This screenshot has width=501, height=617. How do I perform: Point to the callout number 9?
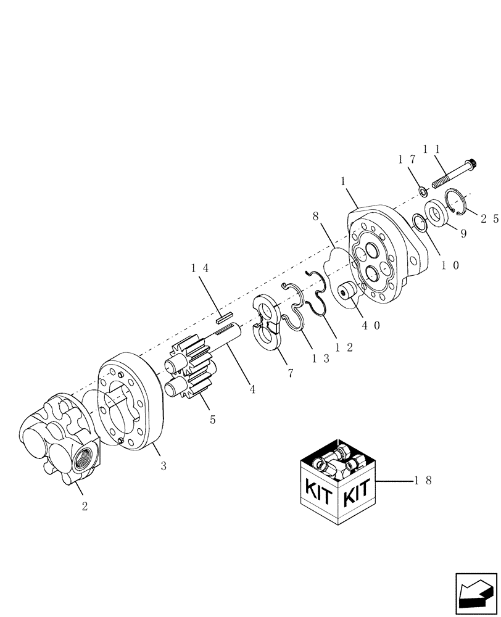pyautogui.click(x=462, y=234)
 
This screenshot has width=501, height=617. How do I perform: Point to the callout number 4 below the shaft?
pyautogui.click(x=252, y=390)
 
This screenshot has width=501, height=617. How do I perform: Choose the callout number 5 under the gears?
pyautogui.click(x=213, y=420)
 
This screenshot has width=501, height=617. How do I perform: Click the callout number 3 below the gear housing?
pyautogui.click(x=164, y=467)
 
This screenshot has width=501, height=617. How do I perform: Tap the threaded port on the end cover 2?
pyautogui.click(x=82, y=459)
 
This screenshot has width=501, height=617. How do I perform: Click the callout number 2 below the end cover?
pyautogui.click(x=85, y=507)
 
